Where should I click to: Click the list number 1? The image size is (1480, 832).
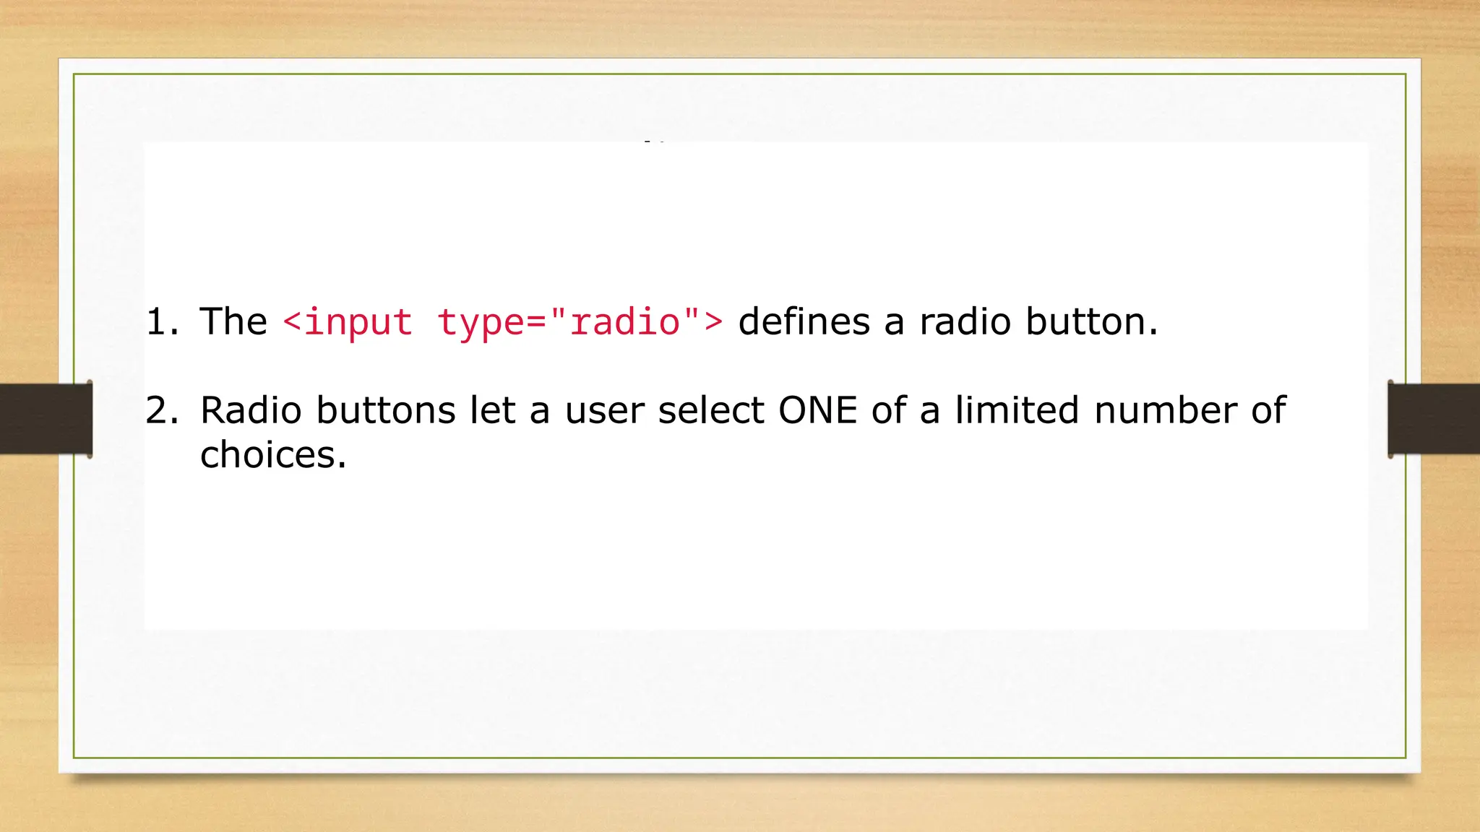pos(160,322)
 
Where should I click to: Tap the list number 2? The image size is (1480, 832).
pos(160,411)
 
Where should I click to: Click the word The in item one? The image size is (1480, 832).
pos(233,322)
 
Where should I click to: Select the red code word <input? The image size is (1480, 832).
pos(348,322)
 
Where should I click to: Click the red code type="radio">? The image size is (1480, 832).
pos(580,322)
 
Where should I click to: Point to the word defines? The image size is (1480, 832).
pos(804,322)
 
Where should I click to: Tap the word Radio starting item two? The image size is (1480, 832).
pos(251,411)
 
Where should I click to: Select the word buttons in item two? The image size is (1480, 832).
pos(386,411)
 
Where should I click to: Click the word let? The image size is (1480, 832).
pos(492,411)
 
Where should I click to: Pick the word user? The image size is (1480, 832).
pos(604,411)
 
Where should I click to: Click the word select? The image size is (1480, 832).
pos(711,411)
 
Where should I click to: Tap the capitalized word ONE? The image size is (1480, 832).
pos(817,411)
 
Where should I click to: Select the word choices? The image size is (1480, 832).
pos(273,456)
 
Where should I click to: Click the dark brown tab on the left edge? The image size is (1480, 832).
pos(46,419)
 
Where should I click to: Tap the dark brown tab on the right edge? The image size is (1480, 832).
pos(1434,419)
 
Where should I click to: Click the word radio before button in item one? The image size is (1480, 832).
pos(965,322)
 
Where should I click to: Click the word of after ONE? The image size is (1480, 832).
pos(888,411)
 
